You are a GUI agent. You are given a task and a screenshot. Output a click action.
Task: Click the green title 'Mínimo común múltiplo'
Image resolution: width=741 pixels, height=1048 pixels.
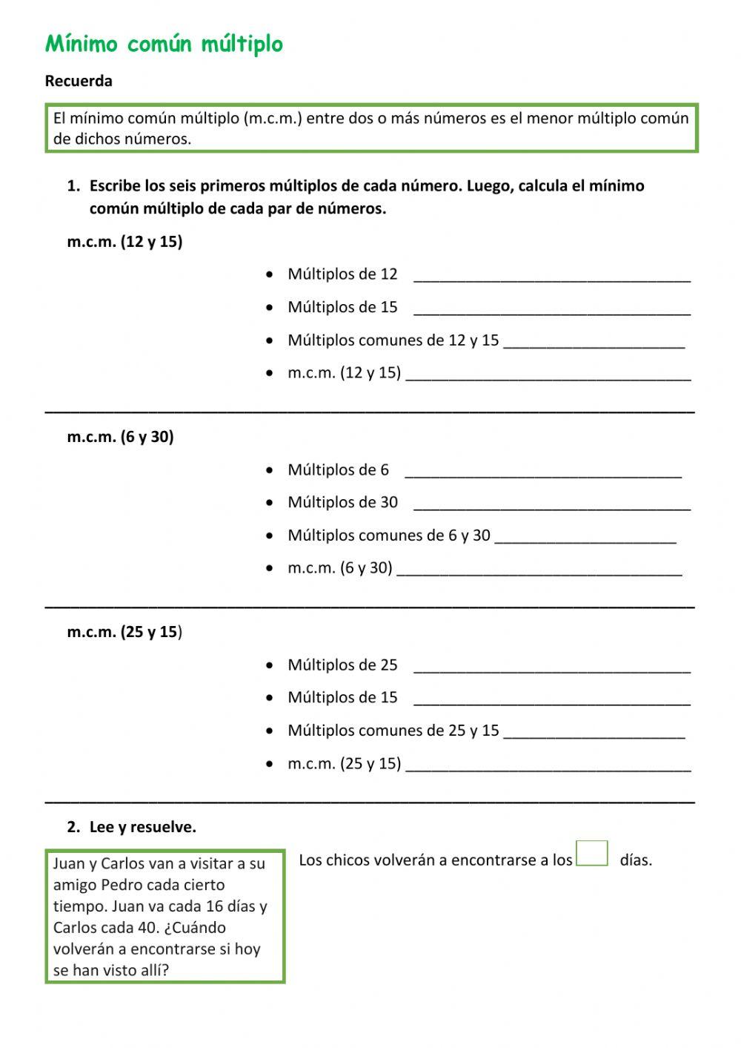click(164, 45)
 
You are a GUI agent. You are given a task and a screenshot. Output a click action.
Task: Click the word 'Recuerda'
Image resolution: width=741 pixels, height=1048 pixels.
click(79, 81)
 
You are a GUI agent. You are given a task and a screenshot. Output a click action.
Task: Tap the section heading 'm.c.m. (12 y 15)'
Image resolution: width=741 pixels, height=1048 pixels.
click(124, 241)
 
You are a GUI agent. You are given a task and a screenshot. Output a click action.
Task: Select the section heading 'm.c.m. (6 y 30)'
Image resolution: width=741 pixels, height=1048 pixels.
click(120, 436)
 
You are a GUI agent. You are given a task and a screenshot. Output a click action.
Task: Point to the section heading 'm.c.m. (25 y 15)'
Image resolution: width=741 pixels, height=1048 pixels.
click(124, 632)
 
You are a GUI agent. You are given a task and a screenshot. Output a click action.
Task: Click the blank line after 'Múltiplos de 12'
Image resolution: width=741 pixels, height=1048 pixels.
click(551, 276)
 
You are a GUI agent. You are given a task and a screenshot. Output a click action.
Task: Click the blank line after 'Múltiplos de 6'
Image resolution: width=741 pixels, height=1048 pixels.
click(543, 472)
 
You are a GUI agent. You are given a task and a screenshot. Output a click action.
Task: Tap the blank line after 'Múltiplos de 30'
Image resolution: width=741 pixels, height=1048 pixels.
click(551, 504)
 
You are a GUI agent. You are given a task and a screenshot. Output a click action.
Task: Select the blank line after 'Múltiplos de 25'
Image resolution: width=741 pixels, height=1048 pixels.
click(551, 667)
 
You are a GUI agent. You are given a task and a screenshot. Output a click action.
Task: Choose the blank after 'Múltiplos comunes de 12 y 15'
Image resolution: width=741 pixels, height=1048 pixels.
click(594, 342)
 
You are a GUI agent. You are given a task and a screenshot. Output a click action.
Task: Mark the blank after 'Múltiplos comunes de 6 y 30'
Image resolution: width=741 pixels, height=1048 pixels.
click(585, 537)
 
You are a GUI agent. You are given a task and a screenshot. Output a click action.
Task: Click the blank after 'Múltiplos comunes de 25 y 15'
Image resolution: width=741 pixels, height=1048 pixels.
click(594, 732)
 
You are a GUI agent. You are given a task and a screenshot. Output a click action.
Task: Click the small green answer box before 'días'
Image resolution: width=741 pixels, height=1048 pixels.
click(592, 853)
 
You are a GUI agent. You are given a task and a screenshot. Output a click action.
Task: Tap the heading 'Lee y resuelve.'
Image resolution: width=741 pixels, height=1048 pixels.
click(142, 827)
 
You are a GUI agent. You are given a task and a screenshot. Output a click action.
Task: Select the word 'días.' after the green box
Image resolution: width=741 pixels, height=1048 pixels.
click(636, 860)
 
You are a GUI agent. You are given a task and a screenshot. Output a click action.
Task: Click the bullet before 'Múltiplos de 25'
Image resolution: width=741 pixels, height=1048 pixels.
click(269, 665)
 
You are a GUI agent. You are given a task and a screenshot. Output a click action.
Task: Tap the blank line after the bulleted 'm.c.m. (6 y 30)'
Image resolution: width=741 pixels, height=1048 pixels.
click(539, 570)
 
